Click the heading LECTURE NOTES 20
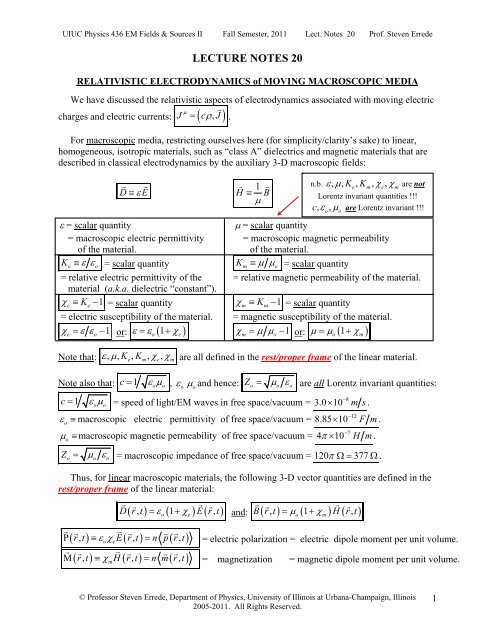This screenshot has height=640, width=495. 247,59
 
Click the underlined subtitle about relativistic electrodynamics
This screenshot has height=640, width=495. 247,83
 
